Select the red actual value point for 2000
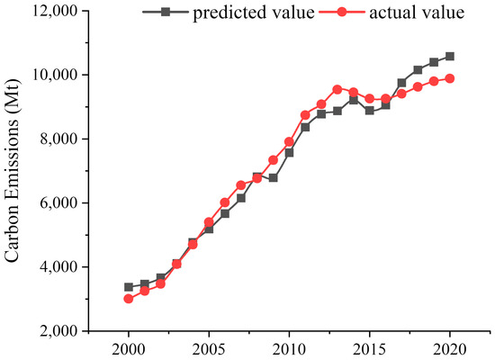[129, 299]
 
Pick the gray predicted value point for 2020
[450, 56]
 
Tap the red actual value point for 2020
[450, 78]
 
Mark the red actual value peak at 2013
[337, 89]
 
